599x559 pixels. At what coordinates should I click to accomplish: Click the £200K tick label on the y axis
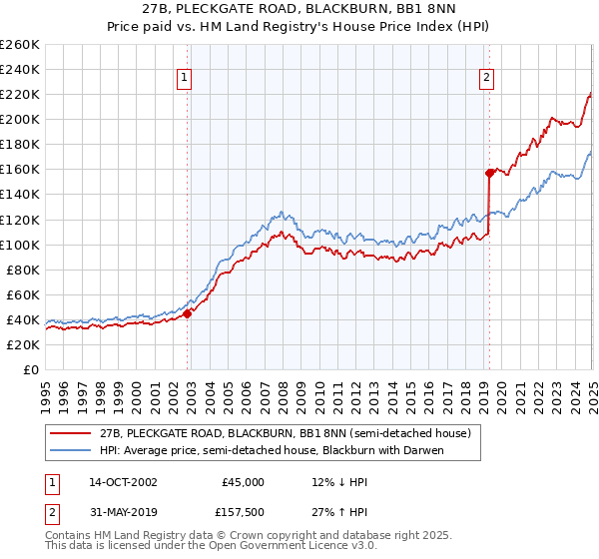[19, 119]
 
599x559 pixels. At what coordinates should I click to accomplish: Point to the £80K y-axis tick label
[22, 270]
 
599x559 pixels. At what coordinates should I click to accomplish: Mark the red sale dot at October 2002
[188, 312]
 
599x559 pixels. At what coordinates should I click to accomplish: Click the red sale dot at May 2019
[489, 172]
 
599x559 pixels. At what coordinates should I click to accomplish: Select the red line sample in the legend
[71, 432]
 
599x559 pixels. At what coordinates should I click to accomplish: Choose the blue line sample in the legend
[71, 449]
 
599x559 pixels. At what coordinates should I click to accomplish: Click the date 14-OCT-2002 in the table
[124, 482]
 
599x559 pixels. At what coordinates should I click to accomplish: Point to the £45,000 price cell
[243, 482]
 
